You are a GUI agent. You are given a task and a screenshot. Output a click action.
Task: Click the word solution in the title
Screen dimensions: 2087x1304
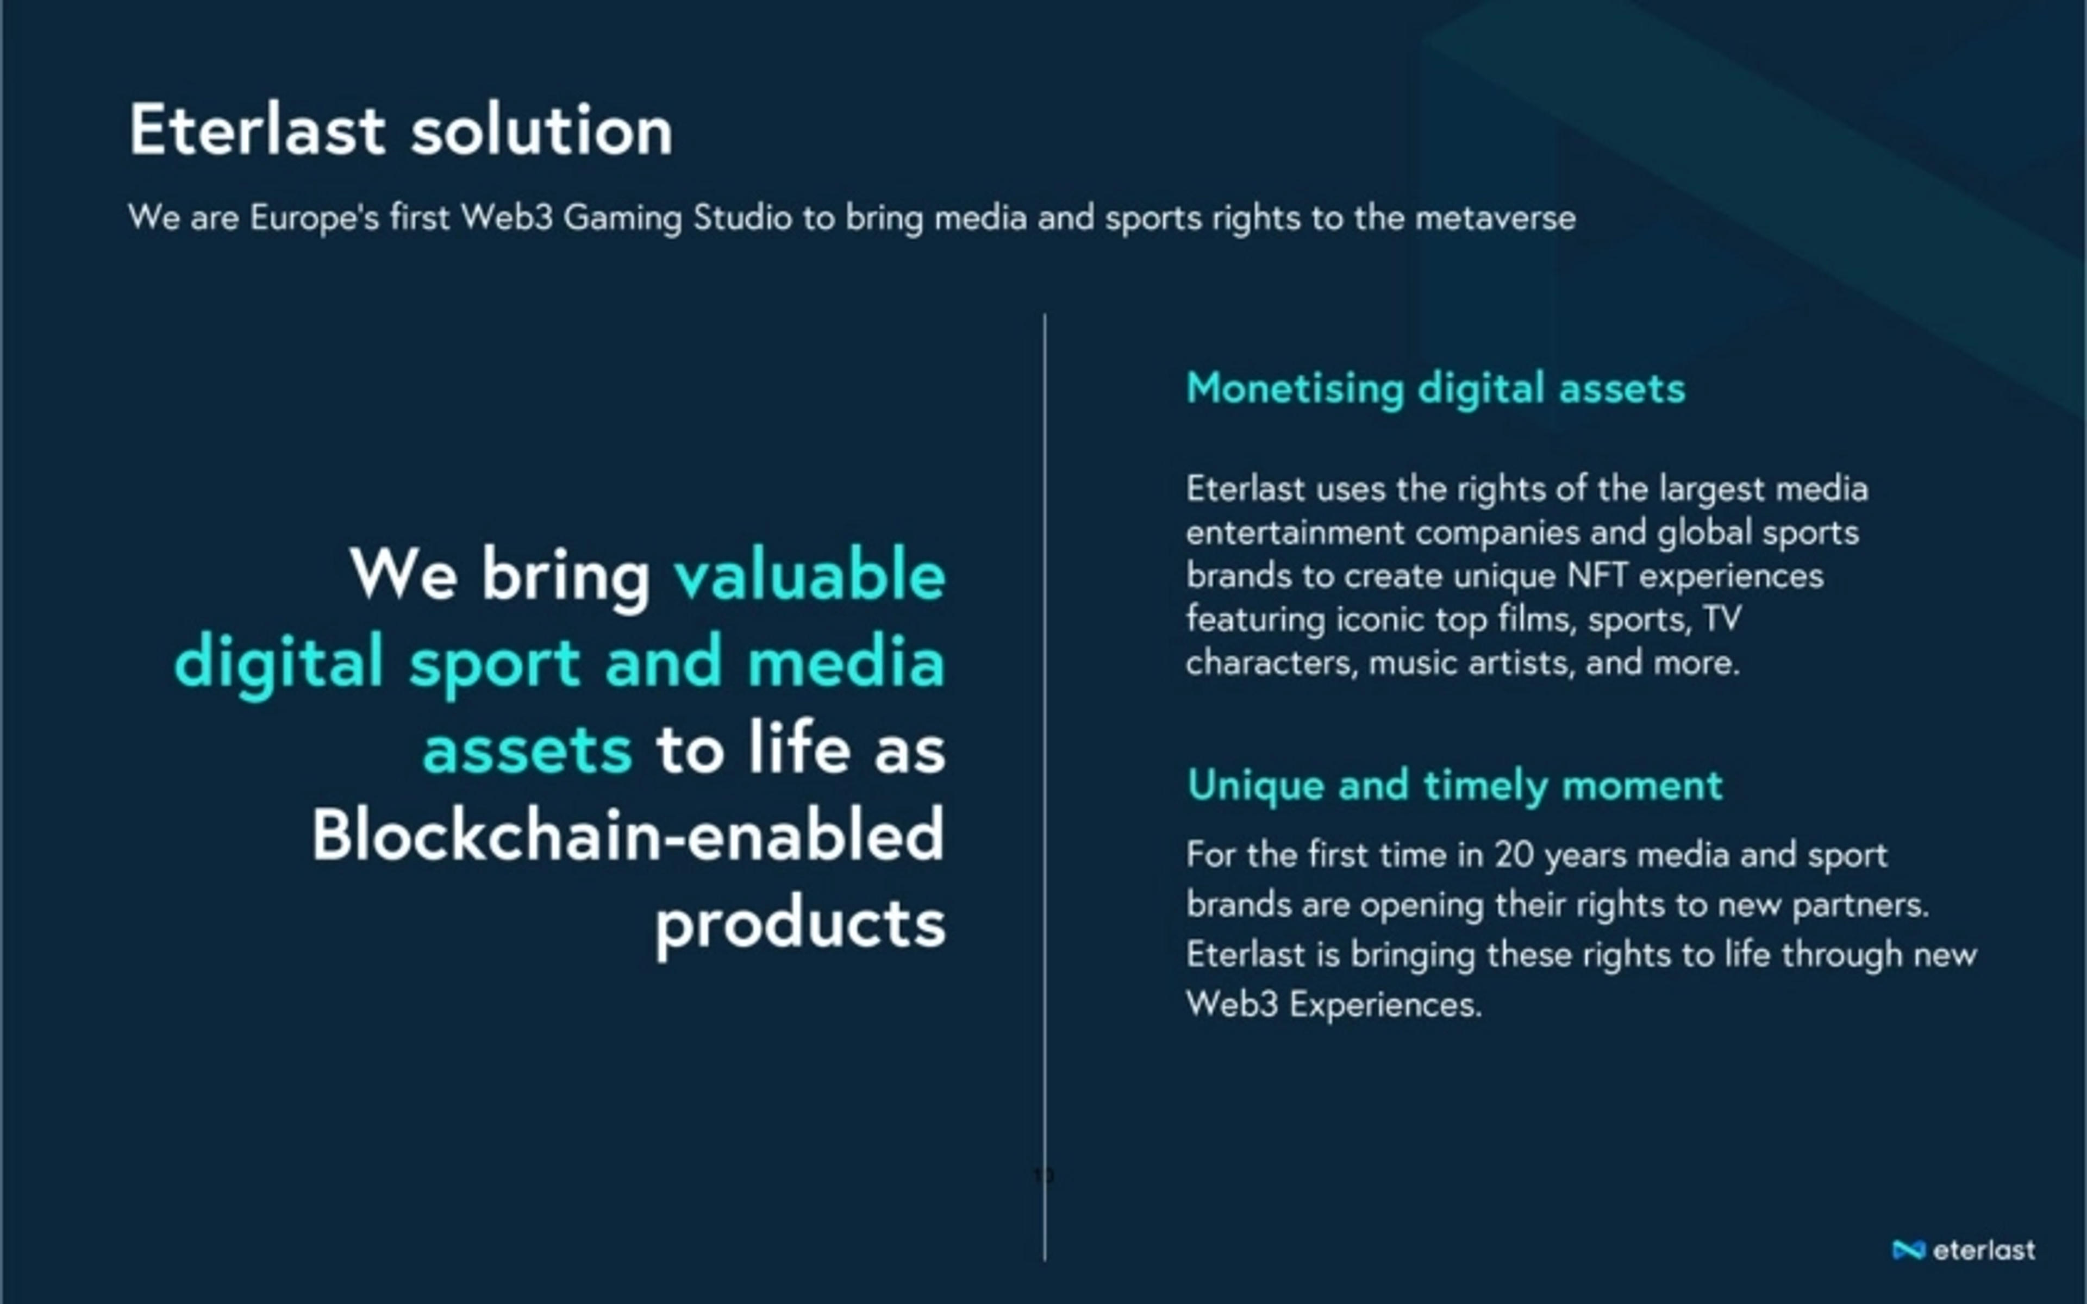pos(541,130)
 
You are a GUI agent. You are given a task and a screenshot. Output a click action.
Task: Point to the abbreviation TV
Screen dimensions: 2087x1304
pos(1722,618)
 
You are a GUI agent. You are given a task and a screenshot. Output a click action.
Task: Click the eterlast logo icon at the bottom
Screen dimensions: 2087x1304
pos(1909,1250)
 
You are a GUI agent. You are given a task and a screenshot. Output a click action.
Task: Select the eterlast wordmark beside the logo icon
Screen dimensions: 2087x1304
pos(1984,1250)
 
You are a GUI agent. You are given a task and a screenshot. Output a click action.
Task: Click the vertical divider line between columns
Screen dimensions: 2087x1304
pos(1045,787)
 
